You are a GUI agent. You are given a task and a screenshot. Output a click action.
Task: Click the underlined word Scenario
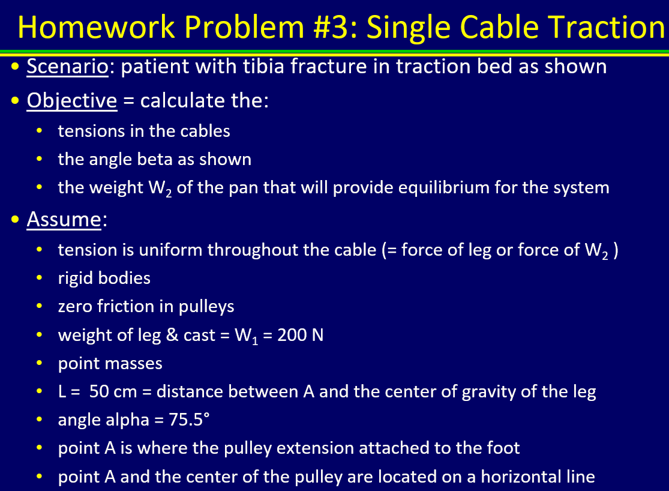(67, 66)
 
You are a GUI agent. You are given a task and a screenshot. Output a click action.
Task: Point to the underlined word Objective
(71, 100)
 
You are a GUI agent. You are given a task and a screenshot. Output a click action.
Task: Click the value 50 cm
(113, 392)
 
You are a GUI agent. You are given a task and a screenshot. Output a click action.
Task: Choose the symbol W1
(243, 336)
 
